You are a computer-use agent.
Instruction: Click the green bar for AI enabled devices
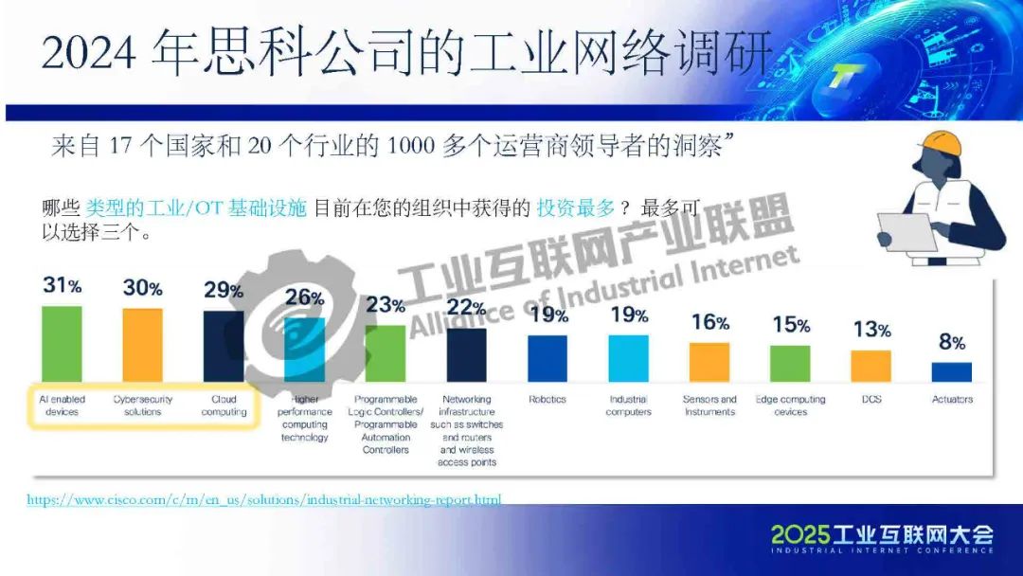(x=62, y=343)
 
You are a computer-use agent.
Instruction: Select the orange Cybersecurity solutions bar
(x=143, y=344)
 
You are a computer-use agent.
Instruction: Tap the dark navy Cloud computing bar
(x=224, y=345)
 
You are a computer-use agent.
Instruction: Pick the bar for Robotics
(x=547, y=358)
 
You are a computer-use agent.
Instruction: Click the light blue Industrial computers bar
(x=628, y=358)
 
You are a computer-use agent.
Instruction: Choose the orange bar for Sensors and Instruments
(x=709, y=362)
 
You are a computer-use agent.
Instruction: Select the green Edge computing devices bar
(x=790, y=363)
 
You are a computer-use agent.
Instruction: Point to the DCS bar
(x=870, y=366)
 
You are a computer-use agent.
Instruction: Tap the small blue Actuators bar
(x=951, y=371)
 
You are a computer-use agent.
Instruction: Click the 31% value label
(x=62, y=285)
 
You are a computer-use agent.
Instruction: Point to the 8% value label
(x=951, y=342)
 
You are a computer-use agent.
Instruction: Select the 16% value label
(x=709, y=322)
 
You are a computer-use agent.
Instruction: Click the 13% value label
(x=870, y=330)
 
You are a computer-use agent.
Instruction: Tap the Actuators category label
(x=952, y=400)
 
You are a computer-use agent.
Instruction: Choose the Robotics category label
(x=547, y=400)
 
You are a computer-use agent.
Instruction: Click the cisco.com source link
(x=263, y=499)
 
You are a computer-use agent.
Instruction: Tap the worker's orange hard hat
(x=937, y=144)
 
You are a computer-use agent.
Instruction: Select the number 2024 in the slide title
(x=90, y=52)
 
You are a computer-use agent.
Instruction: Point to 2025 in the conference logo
(x=799, y=534)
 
